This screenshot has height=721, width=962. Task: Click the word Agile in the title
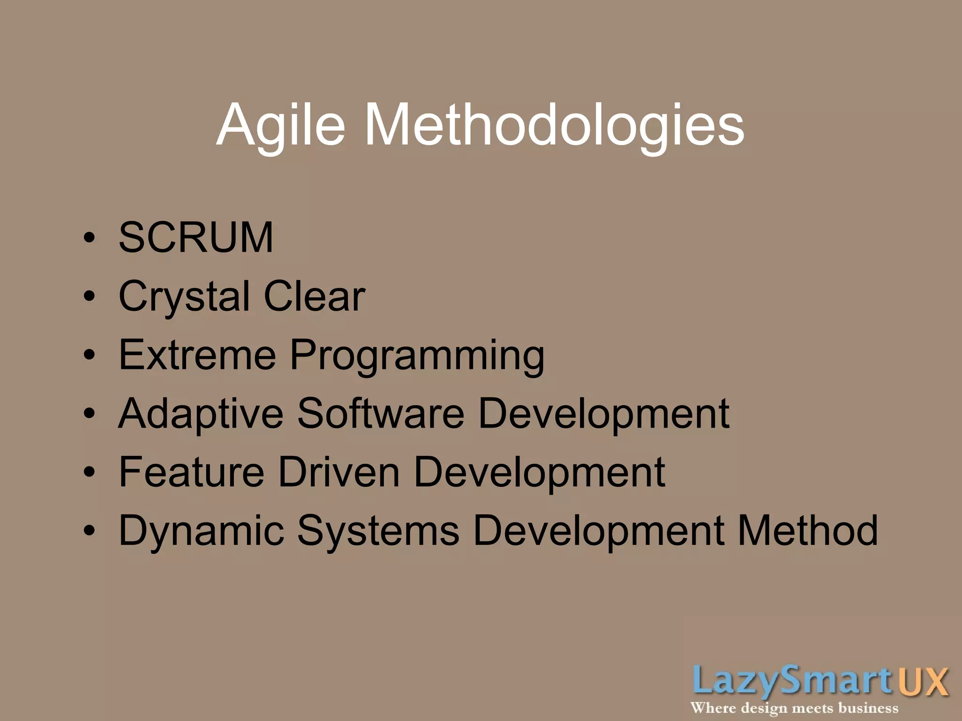[281, 126]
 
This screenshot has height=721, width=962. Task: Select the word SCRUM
[195, 238]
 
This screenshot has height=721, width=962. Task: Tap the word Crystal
[184, 297]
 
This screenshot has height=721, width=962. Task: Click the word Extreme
[197, 355]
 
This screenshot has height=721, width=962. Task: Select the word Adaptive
[201, 414]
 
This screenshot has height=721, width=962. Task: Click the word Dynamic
[202, 532]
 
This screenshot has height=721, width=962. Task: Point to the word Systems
[378, 532]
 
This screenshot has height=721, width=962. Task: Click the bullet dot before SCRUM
[89, 238]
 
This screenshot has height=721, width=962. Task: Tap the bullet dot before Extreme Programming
[89, 355]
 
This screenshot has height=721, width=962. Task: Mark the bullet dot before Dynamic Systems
[89, 531]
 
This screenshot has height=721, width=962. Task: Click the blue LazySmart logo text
[792, 681]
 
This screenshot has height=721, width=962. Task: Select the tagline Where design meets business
[794, 708]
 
